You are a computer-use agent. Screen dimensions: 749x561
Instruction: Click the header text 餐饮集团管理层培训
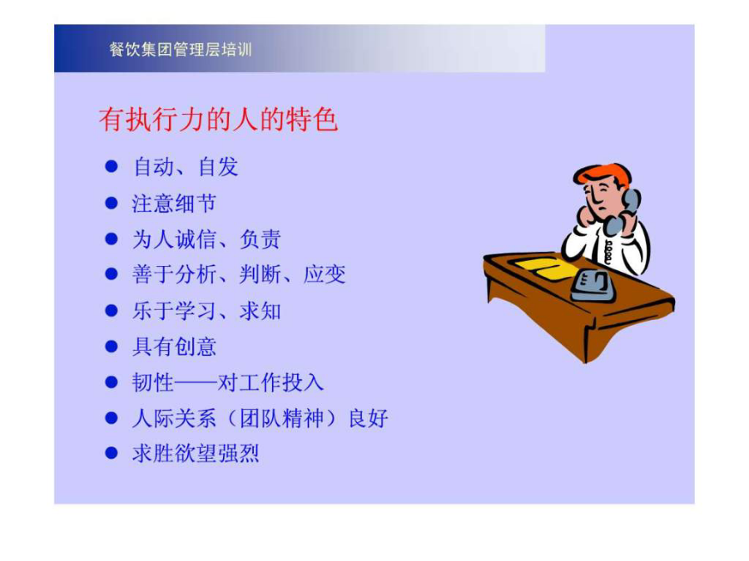(180, 49)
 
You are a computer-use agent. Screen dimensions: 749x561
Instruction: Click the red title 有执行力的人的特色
(218, 119)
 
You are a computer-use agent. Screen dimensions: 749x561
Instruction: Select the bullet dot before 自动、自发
(112, 166)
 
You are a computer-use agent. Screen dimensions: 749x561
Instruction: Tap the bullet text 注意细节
(174, 204)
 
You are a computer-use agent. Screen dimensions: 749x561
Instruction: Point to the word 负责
(260, 239)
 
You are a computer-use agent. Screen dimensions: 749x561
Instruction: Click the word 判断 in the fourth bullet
(260, 275)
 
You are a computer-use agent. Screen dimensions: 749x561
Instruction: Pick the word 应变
(325, 275)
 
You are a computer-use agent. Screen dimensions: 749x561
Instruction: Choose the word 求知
(260, 311)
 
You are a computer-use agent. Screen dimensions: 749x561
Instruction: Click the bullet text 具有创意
(174, 347)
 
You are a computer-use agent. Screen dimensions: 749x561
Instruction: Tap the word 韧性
(153, 382)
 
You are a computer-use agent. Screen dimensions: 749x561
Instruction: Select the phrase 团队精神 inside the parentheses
(281, 418)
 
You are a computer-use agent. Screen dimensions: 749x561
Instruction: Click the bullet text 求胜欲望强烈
(196, 454)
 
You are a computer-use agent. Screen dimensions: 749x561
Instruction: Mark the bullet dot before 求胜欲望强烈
(112, 453)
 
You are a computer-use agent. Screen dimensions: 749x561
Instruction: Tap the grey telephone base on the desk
(592, 285)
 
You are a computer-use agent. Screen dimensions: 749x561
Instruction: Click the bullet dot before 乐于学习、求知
(112, 311)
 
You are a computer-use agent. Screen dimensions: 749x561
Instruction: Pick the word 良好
(368, 418)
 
